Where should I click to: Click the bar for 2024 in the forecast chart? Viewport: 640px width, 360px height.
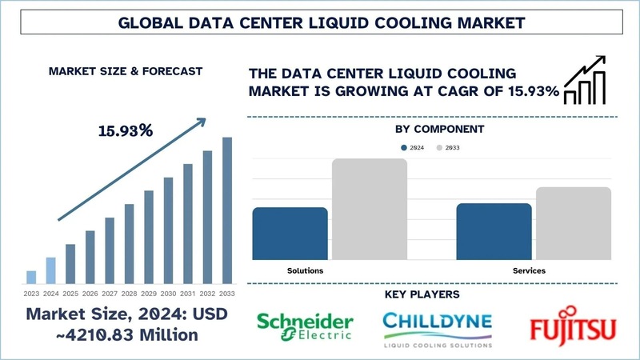[x=50, y=270]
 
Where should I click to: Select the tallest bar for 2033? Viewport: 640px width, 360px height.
[x=227, y=210]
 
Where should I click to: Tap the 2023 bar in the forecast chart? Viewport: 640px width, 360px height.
[x=31, y=277]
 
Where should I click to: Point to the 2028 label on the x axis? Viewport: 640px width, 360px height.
[x=129, y=293]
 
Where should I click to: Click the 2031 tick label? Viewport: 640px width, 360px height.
[x=188, y=293]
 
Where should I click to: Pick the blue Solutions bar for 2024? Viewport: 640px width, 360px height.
[x=290, y=233]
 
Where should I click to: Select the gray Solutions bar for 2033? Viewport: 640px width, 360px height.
[x=370, y=209]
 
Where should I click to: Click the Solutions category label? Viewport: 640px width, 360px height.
[x=305, y=271]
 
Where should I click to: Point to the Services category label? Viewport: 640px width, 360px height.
[x=529, y=271]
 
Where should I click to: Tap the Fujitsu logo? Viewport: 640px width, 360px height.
[x=571, y=326]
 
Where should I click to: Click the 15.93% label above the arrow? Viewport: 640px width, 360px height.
[x=126, y=130]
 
